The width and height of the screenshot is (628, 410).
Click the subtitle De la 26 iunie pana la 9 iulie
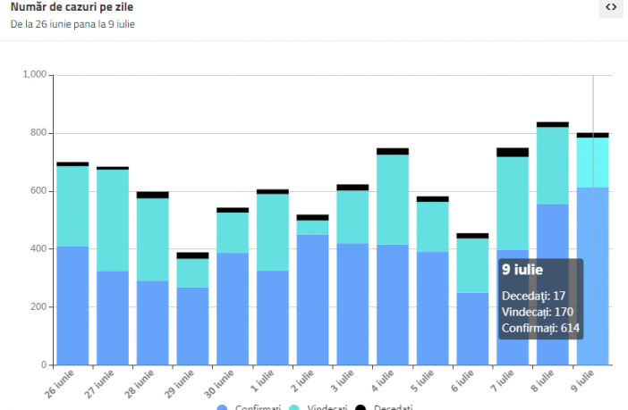point(73,24)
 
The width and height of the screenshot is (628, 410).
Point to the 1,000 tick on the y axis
point(33,75)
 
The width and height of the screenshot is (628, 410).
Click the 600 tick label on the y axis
point(38,191)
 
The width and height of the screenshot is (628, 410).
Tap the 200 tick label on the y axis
point(38,307)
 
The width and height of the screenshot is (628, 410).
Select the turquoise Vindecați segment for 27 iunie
point(113,220)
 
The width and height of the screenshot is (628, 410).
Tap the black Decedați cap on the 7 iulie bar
point(513,152)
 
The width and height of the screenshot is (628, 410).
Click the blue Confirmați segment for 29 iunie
point(192,326)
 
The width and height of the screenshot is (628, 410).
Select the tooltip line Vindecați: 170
point(537,313)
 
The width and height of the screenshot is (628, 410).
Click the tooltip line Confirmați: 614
point(540,329)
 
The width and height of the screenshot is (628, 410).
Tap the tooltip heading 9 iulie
point(522,270)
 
